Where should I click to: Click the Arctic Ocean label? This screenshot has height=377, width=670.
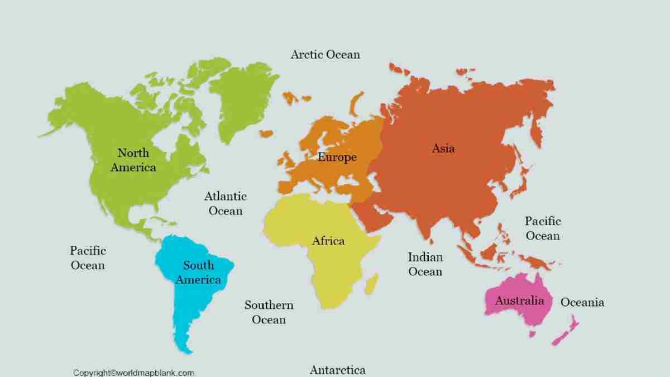pos(326,54)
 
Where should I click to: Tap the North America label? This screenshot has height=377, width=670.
pos(133,160)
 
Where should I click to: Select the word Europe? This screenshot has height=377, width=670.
pos(337,157)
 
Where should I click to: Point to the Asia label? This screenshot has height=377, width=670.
pos(443,148)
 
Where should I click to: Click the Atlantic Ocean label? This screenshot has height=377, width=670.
pos(226,203)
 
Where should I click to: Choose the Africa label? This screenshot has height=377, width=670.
pos(328,241)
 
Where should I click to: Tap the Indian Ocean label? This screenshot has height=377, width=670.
pos(425,264)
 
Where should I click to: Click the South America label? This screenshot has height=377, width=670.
pos(198,273)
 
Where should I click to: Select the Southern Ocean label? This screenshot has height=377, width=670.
pos(269,312)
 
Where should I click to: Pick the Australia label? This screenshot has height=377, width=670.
pos(519,300)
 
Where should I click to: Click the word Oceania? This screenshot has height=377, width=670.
pos(582,302)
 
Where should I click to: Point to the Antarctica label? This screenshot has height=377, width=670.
pos(338,370)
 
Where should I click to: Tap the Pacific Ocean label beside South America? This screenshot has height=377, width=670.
pos(88,257)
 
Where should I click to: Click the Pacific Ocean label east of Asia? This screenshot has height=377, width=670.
pos(543,228)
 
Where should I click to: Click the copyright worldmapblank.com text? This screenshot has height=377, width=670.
pos(133,373)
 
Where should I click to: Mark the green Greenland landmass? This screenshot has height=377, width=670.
pos(246,101)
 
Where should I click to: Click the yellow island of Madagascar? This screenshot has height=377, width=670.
pos(372,283)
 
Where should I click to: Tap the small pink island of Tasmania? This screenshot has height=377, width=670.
pos(533,334)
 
